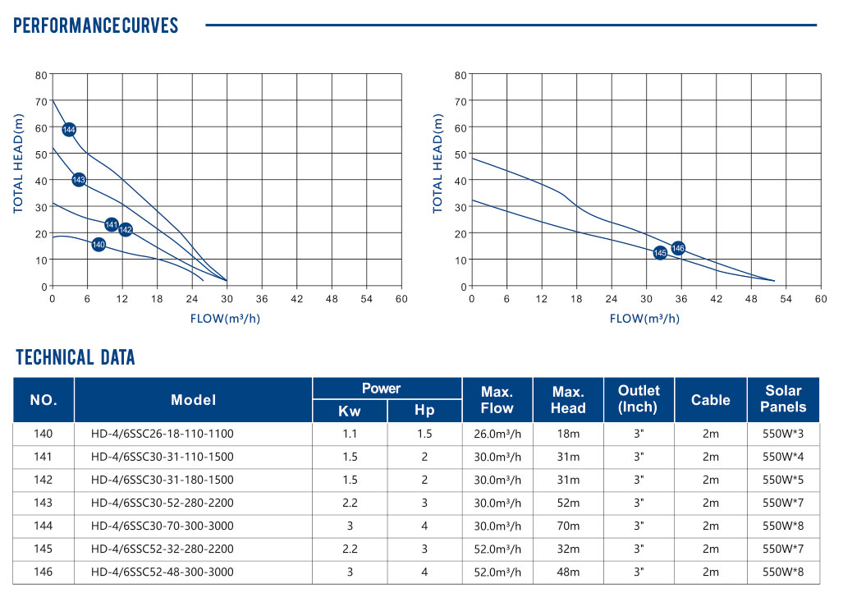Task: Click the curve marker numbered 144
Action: click(69, 130)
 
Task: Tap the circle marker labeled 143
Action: click(79, 180)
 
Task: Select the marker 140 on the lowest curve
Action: click(99, 245)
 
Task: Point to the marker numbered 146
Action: click(678, 248)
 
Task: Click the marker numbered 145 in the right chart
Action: click(660, 253)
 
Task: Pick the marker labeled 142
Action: click(125, 230)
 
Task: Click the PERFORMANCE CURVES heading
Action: click(96, 25)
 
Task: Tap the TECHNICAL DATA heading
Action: click(76, 357)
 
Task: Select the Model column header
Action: click(194, 400)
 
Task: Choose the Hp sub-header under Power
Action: click(424, 411)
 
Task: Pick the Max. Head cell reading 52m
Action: click(568, 502)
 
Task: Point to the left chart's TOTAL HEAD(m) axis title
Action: click(18, 164)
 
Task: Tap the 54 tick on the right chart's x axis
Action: click(786, 299)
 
